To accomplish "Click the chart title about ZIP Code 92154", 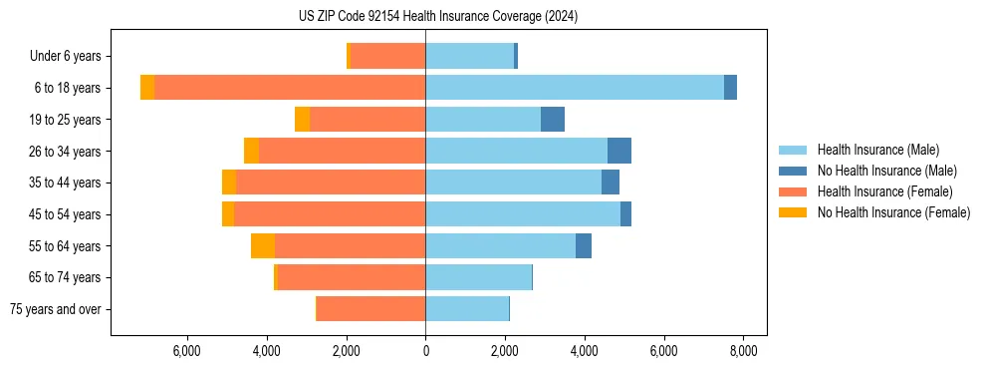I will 438,16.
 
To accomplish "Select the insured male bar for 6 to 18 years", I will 575,88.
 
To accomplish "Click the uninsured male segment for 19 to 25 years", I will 553,120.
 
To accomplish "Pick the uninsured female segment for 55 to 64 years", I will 263,246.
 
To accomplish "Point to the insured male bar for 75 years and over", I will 467,309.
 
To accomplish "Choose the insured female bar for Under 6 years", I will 387,56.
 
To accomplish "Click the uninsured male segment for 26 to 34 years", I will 619,151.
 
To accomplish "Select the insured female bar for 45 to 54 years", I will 330,214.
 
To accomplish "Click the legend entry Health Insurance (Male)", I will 877,150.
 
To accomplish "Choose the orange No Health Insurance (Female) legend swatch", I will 794,212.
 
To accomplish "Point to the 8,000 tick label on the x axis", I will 743,351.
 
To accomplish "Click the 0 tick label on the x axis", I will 425,351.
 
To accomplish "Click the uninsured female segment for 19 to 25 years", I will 302,120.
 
